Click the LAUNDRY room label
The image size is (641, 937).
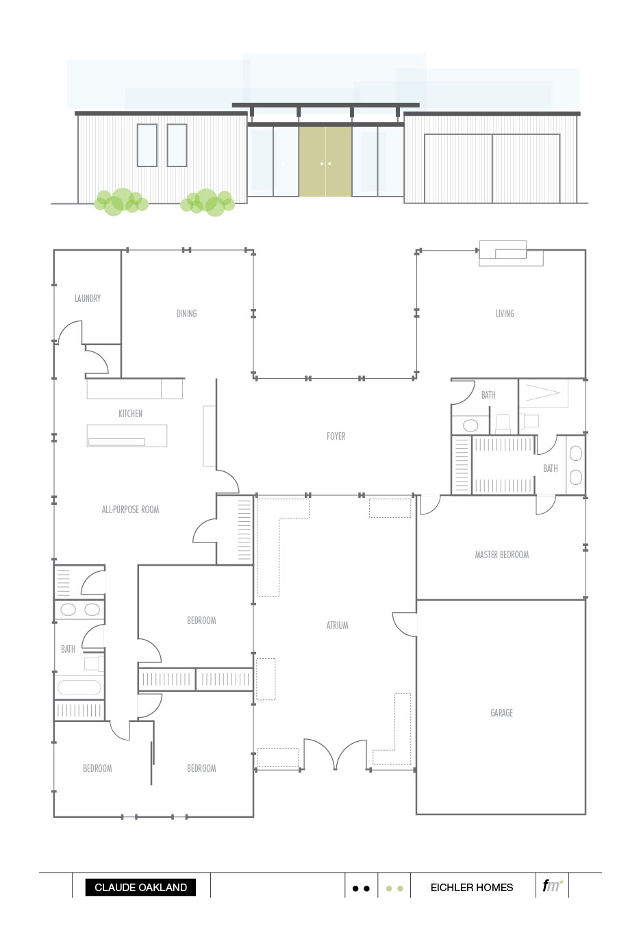[x=88, y=299]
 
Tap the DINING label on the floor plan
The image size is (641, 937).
[x=186, y=314]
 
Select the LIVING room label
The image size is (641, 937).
[x=505, y=314]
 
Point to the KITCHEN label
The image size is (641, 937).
[x=130, y=414]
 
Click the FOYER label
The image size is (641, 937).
[x=336, y=436]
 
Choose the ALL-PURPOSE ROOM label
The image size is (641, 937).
[x=130, y=510]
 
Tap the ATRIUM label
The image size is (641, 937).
[x=337, y=625]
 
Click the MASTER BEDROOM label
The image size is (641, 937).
[x=501, y=555]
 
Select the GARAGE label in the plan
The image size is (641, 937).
[x=501, y=713]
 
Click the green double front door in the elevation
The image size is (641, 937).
[x=325, y=162]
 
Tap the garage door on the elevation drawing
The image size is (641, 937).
[x=492, y=168]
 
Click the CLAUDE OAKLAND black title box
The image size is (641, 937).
[x=140, y=888]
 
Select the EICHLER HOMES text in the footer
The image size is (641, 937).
[x=471, y=888]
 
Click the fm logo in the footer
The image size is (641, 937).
[x=552, y=886]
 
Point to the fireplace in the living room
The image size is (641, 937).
[x=511, y=254]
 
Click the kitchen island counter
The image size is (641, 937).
[x=127, y=436]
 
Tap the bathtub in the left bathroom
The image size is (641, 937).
[x=79, y=687]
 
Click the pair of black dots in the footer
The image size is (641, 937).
[x=361, y=888]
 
